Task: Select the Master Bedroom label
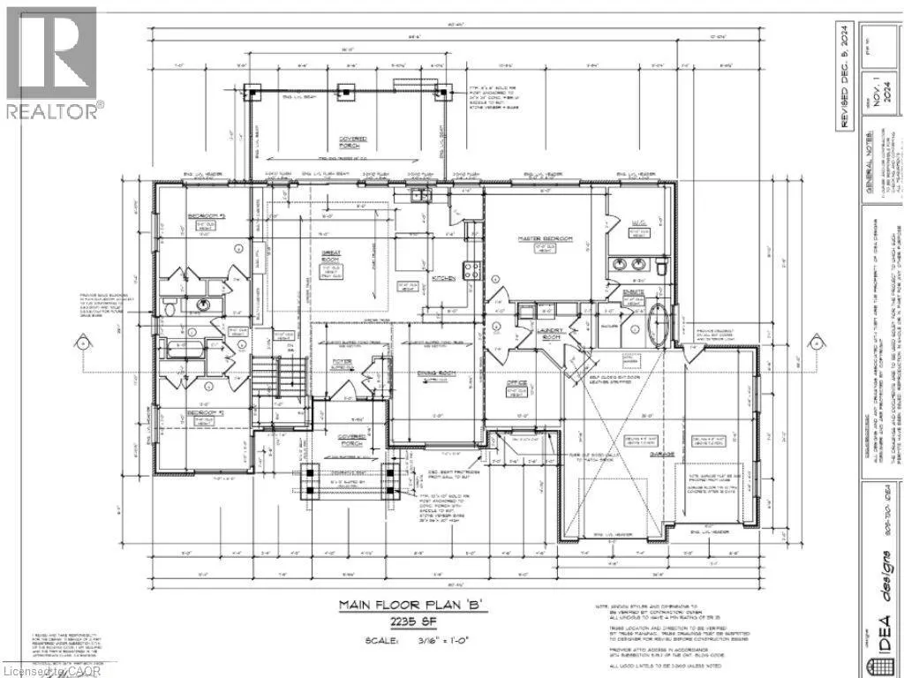545,240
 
